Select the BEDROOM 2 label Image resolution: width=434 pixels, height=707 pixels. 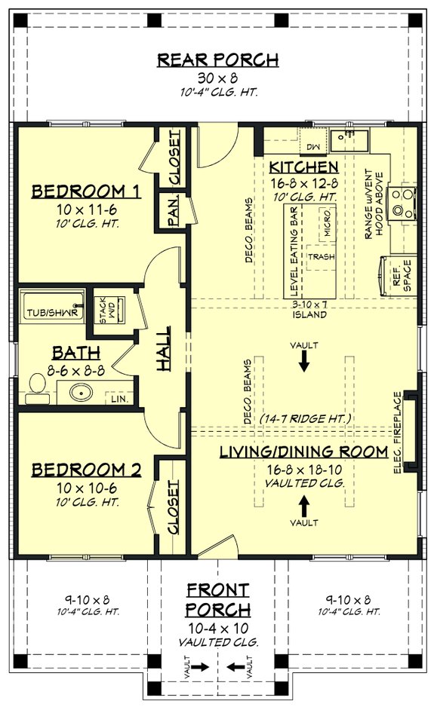(x=86, y=470)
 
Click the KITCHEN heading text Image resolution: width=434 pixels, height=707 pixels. (x=303, y=166)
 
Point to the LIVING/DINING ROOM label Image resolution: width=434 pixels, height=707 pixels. (x=303, y=452)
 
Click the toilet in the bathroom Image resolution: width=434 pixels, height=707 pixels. (x=34, y=387)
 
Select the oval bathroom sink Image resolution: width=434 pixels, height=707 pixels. (x=81, y=392)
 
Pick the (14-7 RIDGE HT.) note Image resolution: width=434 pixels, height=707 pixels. (x=303, y=417)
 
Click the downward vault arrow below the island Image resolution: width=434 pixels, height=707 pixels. (x=303, y=363)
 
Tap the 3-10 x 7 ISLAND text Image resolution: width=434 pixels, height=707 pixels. (x=309, y=309)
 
